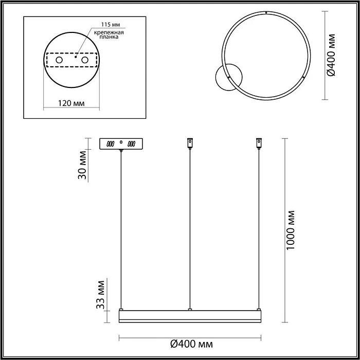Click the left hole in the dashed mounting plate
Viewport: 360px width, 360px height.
tap(59, 61)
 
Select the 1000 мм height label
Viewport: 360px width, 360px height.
tap(292, 230)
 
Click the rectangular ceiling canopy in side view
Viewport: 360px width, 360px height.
tap(121, 144)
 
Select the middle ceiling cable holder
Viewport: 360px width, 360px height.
tap(190, 142)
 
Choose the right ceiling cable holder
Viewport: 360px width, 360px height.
tap(258, 142)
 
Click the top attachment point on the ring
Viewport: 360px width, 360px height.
tap(266, 12)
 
